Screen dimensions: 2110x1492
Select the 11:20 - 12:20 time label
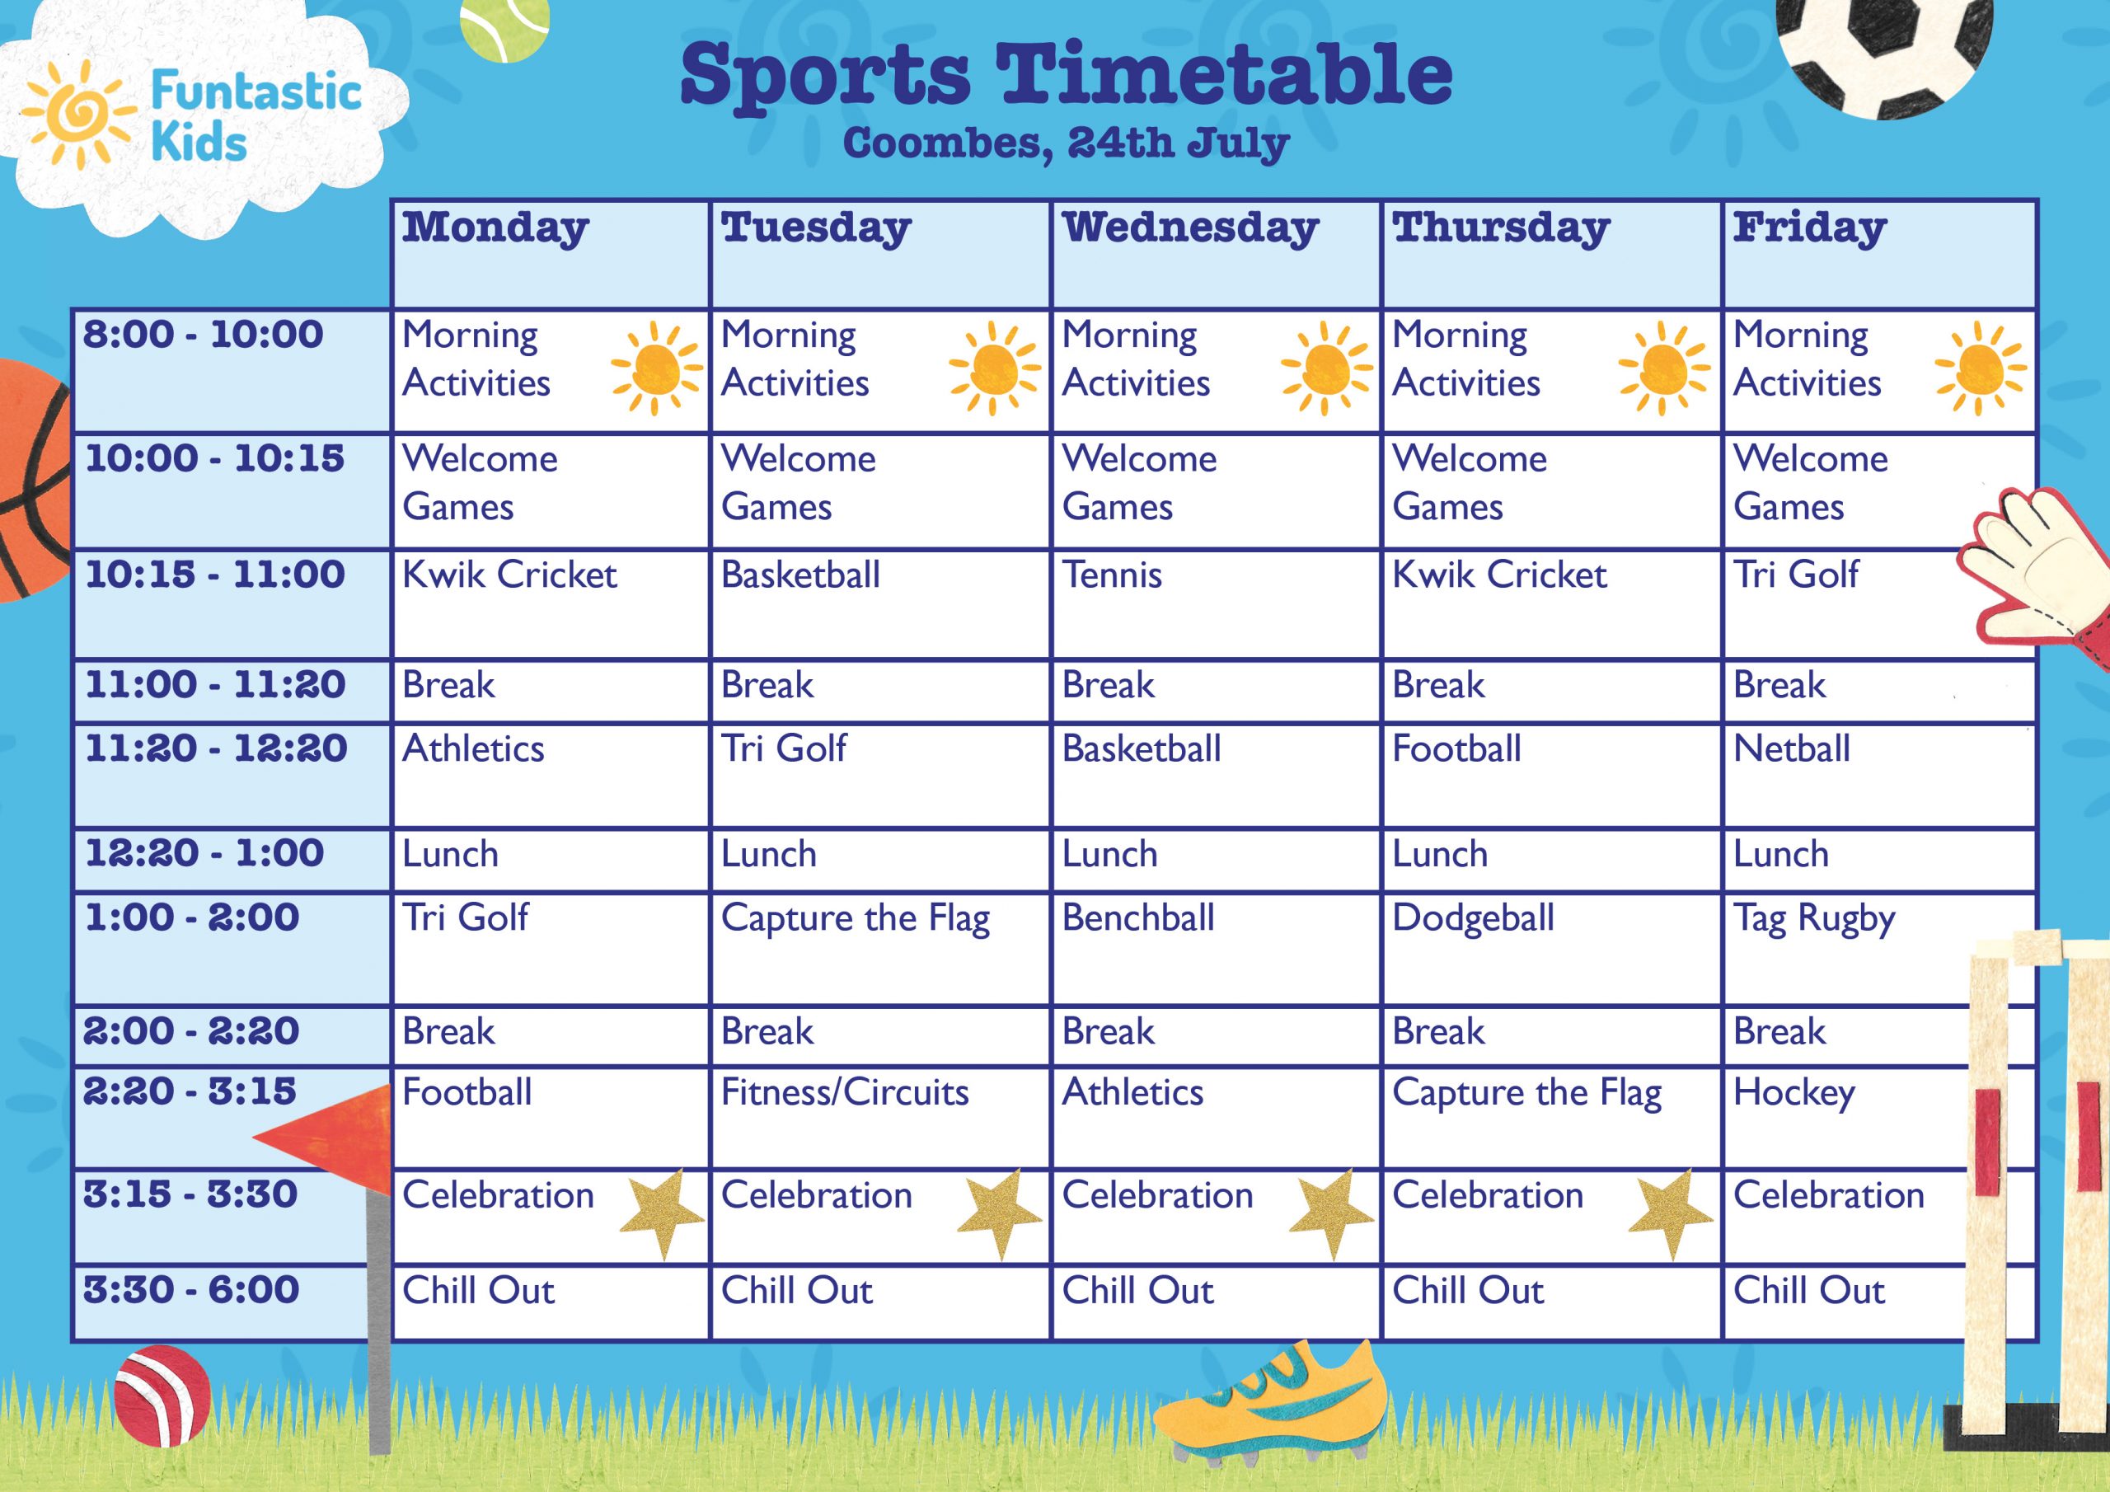[x=216, y=748]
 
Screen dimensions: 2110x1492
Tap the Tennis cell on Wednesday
[x=1112, y=575]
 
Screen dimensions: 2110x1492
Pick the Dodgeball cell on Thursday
[x=1473, y=918]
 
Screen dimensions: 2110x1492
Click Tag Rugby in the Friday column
[x=1814, y=918]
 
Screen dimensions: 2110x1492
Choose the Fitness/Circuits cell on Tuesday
[x=845, y=1092]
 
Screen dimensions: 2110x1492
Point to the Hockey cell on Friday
[x=1793, y=1093]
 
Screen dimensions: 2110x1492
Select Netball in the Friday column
[x=1792, y=749]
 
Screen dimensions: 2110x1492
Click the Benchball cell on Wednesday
[x=1138, y=917]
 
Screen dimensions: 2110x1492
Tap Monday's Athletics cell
[x=473, y=749]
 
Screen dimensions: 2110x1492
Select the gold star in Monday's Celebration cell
[x=663, y=1213]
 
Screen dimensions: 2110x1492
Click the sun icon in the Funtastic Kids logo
[x=78, y=115]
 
